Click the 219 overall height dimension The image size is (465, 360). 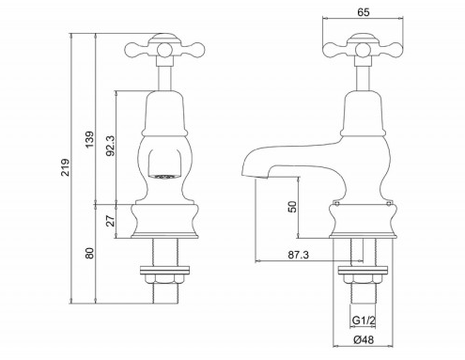tap(66, 167)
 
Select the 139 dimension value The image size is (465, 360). tap(90, 140)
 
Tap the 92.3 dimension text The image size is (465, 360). tap(111, 146)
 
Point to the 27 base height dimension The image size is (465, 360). tap(111, 220)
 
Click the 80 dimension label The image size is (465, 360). tap(90, 253)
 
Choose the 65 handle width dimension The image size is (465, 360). tap(363, 12)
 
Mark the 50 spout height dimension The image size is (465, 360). tap(292, 207)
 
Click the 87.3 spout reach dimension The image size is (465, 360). tap(298, 255)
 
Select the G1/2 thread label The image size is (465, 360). tap(364, 321)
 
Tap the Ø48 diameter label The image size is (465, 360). tap(364, 339)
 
